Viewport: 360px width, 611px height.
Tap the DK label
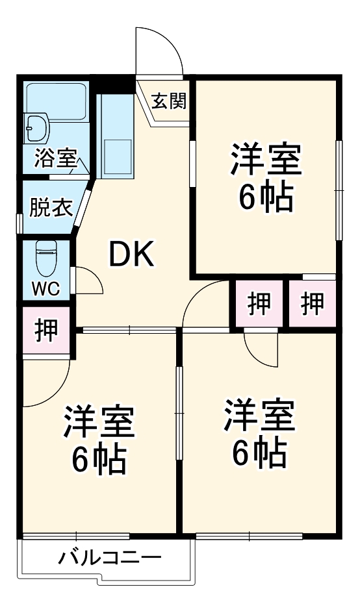[131, 255]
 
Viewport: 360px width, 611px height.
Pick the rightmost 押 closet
[314, 303]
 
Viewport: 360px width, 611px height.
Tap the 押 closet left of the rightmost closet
[259, 303]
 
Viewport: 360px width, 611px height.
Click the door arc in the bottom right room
[262, 351]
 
